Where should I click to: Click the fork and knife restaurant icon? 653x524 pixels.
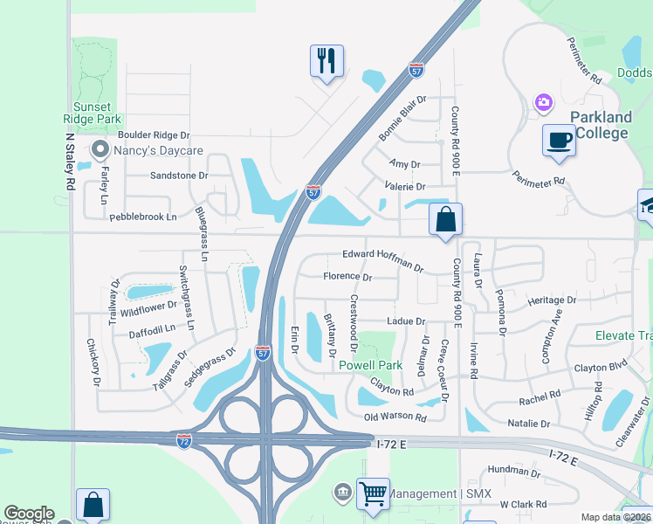pyautogui.click(x=326, y=61)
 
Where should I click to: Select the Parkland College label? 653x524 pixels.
pyautogui.click(x=601, y=125)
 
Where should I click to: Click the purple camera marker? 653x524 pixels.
pyautogui.click(x=544, y=104)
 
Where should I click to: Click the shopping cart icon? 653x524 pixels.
pyautogui.click(x=374, y=493)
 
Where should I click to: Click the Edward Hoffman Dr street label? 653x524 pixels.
pyautogui.click(x=382, y=260)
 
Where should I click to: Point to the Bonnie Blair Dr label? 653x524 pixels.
pyautogui.click(x=402, y=119)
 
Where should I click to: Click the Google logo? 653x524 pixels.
pyautogui.click(x=29, y=514)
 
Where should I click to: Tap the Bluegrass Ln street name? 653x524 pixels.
pyautogui.click(x=202, y=235)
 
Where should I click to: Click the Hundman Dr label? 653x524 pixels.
pyautogui.click(x=514, y=471)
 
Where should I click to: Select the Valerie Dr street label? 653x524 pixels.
pyautogui.click(x=405, y=187)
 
